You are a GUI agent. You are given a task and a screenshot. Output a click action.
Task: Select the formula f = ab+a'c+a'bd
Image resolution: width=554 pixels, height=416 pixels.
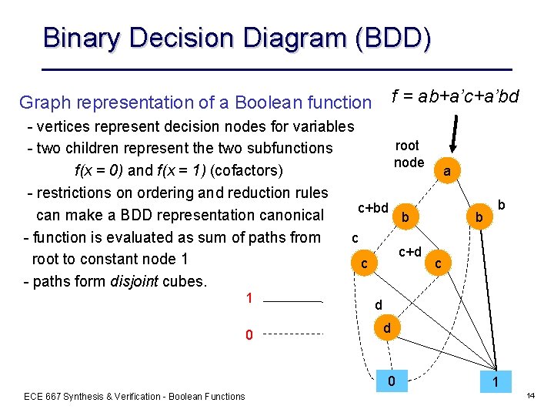456,96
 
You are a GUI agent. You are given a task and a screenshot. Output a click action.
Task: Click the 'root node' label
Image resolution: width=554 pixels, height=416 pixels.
408,154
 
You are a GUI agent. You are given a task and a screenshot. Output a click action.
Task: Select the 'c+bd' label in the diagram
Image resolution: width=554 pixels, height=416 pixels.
373,208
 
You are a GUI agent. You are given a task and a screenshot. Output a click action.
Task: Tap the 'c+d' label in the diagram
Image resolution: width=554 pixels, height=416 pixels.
409,252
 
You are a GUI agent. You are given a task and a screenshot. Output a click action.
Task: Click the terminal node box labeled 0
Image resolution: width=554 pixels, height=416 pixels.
392,380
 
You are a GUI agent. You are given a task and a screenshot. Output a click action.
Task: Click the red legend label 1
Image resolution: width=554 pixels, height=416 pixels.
249,298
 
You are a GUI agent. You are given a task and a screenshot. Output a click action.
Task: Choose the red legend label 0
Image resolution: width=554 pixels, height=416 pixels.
249,335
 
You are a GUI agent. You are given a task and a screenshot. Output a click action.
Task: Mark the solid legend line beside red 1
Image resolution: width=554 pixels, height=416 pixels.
297,301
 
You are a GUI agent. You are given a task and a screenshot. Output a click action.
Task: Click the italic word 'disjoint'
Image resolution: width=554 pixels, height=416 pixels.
151,281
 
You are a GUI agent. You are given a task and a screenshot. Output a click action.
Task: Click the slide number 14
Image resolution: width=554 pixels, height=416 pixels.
530,395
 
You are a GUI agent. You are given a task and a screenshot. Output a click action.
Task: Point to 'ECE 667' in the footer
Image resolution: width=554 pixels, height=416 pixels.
44,397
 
